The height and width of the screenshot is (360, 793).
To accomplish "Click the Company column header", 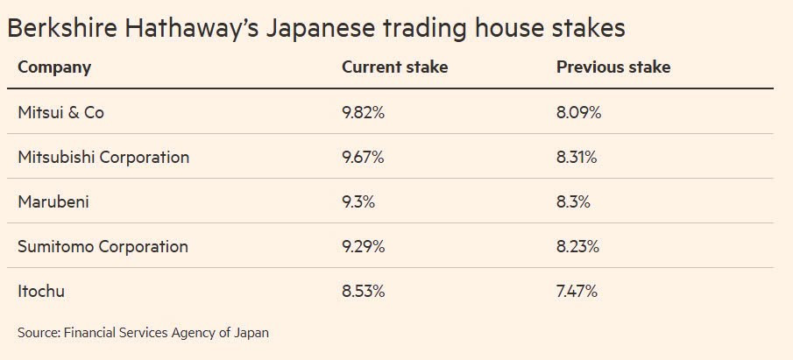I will coord(54,67).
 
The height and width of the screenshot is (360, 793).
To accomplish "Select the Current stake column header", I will coord(394,67).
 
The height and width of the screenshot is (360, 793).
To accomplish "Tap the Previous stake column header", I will coord(613,67).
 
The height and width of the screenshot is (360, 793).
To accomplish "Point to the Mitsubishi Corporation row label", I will coord(103,158).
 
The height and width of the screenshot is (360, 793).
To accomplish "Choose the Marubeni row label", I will coord(53,201).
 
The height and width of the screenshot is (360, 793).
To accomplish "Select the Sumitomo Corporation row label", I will coord(103,246).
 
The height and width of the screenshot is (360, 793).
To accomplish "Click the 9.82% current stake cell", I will coord(363,112).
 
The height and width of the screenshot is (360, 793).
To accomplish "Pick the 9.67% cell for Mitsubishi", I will coord(363,158).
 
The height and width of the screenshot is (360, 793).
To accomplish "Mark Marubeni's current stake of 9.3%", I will coord(358,201).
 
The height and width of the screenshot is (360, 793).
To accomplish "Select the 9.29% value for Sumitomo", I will coord(363,246).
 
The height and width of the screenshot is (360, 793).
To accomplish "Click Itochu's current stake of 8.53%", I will coord(363,292).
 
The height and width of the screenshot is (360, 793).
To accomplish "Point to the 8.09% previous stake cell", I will coord(578,112).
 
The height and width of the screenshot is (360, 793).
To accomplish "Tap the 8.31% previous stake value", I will coord(577,158).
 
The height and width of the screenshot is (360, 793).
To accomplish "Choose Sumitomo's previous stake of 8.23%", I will coord(577,246).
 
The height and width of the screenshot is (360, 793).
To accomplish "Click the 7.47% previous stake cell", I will coord(577,292).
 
